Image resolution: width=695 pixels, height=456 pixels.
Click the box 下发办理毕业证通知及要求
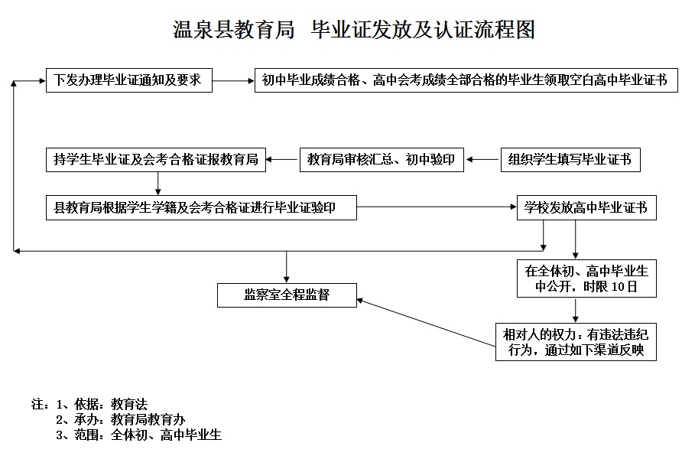(x=128, y=80)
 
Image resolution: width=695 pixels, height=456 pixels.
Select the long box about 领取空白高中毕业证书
(x=466, y=80)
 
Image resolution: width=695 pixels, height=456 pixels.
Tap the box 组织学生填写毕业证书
(x=570, y=160)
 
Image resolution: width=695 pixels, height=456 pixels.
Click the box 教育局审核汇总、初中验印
(x=382, y=160)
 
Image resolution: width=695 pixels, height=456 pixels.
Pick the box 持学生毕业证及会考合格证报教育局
(x=156, y=160)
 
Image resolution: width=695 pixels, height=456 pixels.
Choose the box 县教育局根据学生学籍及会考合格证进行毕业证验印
(x=200, y=207)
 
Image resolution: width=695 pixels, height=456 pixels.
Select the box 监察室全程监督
(x=287, y=295)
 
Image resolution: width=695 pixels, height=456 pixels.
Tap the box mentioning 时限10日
(x=586, y=279)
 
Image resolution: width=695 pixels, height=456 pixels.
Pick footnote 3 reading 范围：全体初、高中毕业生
(x=138, y=435)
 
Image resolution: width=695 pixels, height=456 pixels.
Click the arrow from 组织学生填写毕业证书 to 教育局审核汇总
(x=482, y=160)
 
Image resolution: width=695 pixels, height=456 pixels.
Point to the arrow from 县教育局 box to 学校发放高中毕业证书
(x=436, y=207)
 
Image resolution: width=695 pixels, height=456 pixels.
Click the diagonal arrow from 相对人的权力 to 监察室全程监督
(x=425, y=322)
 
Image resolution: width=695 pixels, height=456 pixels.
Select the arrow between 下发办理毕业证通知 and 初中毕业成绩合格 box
(x=232, y=80)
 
